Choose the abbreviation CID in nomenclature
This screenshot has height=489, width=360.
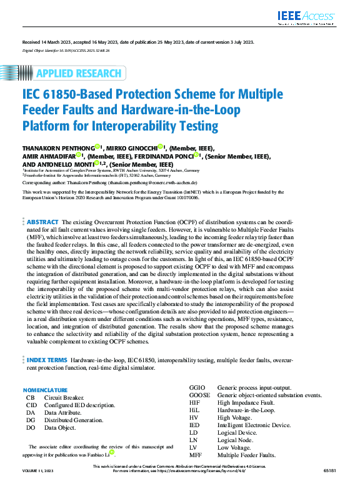(x=31, y=405)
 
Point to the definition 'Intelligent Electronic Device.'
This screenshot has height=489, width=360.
(x=253, y=425)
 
